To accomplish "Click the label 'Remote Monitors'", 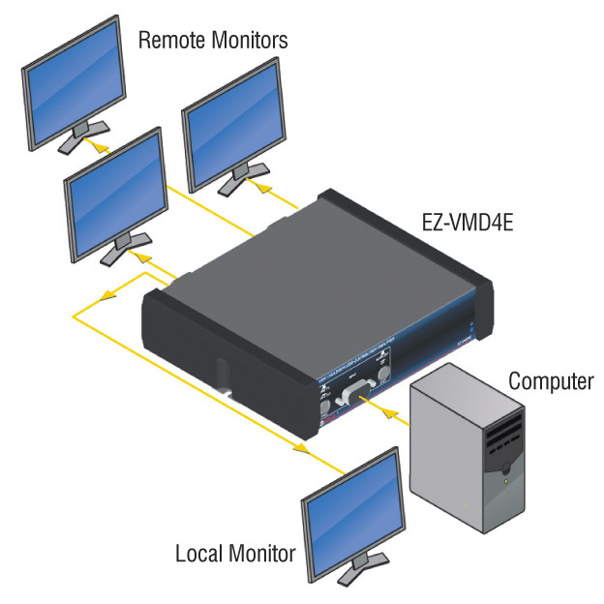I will point(214,40).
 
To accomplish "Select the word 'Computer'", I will point(550,380).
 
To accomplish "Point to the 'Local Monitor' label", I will point(234,555).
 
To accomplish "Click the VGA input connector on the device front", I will point(355,396).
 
